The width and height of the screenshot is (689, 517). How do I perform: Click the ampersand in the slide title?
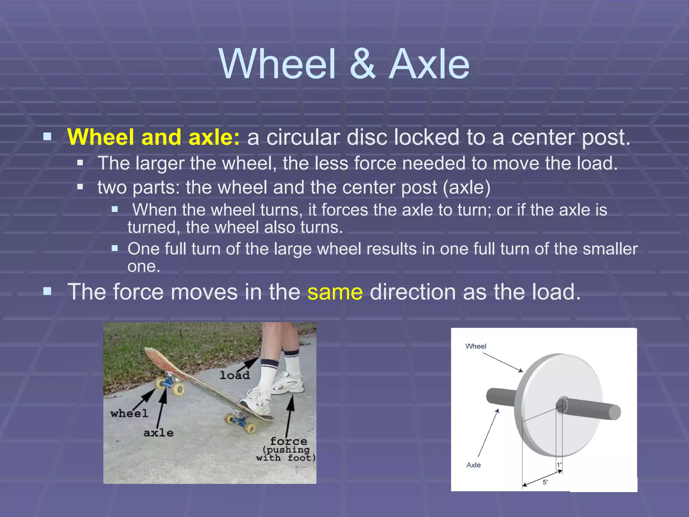363,64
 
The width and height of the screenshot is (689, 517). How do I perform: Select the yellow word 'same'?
335,292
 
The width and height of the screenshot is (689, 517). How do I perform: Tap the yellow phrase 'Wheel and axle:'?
153,137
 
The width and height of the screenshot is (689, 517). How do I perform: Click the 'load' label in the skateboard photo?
234,375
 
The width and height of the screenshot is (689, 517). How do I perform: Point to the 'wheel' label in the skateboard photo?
129,413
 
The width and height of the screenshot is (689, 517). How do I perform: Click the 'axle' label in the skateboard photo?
158,433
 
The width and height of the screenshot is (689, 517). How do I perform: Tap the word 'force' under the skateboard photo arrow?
288,441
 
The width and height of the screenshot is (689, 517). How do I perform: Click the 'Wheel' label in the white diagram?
475,346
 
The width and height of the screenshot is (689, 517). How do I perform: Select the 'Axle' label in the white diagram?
473,465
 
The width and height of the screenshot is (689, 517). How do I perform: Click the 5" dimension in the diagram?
545,482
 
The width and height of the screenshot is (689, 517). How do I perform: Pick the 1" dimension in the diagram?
559,465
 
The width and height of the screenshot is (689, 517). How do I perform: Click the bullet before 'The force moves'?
47,291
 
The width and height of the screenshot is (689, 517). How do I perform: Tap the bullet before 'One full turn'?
115,249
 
